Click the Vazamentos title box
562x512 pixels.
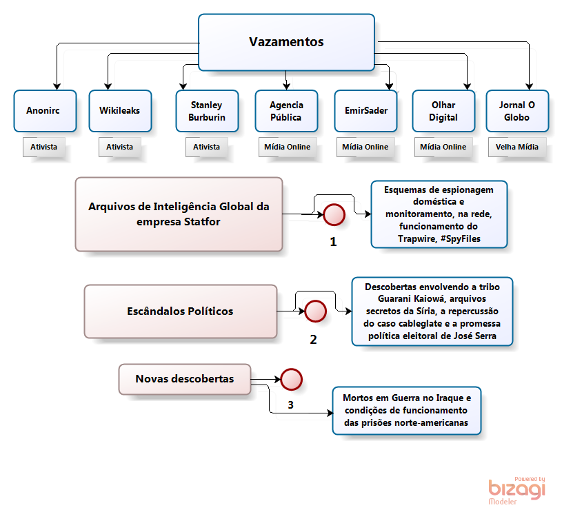coord(286,42)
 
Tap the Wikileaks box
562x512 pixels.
coord(120,110)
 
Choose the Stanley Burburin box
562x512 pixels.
coord(207,110)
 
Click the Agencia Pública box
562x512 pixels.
coord(287,110)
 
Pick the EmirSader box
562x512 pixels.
coord(366,110)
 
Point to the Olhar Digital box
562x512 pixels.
coord(443,110)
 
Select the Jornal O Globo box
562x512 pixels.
coord(517,110)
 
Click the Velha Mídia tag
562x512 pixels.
coord(517,147)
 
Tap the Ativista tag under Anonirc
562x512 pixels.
coord(44,147)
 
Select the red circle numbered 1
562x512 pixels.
coord(334,215)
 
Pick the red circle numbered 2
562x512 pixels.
coord(315,311)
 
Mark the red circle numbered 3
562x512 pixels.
coord(291,379)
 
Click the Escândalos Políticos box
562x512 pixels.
coord(180,311)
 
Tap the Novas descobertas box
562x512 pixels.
coord(184,379)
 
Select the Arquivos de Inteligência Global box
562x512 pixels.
coord(179,214)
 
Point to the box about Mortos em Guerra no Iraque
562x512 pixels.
coord(406,410)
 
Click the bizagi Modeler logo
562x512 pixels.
coord(516,489)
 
